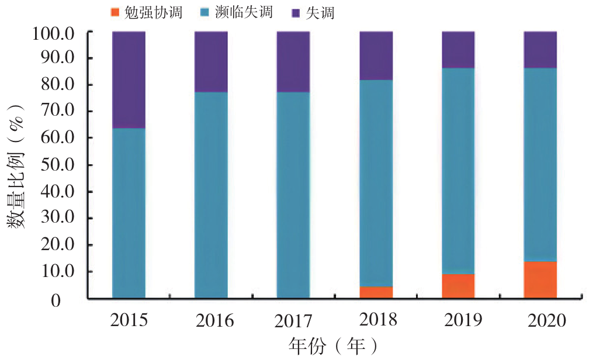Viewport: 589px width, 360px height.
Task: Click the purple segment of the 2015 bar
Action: click(x=129, y=79)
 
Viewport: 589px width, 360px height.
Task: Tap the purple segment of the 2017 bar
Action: click(x=293, y=61)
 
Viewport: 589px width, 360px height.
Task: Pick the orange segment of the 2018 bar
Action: click(x=376, y=292)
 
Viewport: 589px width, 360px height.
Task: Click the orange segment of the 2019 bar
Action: click(x=458, y=286)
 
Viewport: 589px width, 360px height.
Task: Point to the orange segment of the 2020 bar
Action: click(x=540, y=280)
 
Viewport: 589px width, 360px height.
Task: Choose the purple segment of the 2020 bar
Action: click(x=540, y=50)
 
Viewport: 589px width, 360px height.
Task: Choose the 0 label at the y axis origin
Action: click(x=71, y=300)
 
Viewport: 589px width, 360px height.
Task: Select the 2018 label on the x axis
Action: click(x=376, y=320)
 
